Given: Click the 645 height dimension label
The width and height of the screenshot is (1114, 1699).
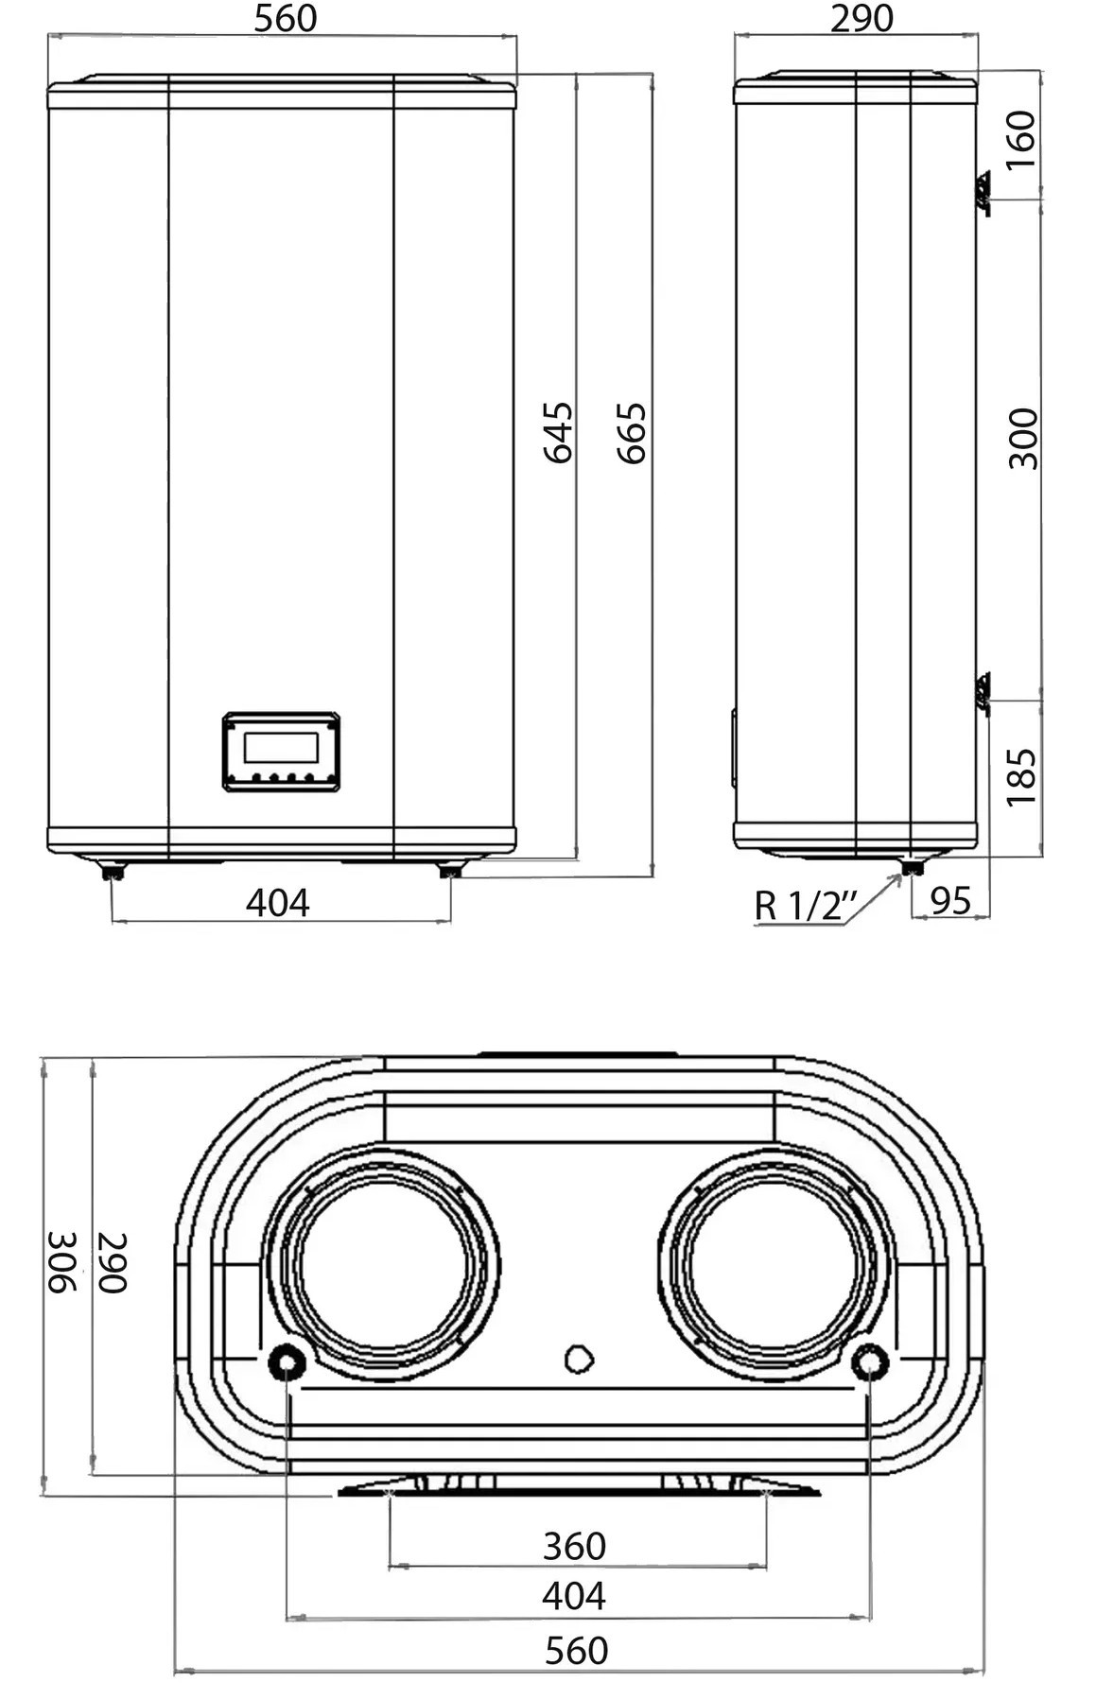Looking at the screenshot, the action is pos(558,432).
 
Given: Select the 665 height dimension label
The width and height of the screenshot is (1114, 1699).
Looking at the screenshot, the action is pos(632,433).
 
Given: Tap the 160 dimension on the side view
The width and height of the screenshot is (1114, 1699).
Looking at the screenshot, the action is pos(1020,139).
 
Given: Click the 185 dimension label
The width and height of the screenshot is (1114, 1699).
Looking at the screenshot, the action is pos(1021,777).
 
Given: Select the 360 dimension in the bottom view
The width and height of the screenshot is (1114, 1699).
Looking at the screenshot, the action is pos(574,1546).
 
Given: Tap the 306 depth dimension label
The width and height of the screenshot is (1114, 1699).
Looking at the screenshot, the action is pos(61,1262).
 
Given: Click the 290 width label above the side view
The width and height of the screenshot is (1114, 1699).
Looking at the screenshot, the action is pos(862,18).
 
